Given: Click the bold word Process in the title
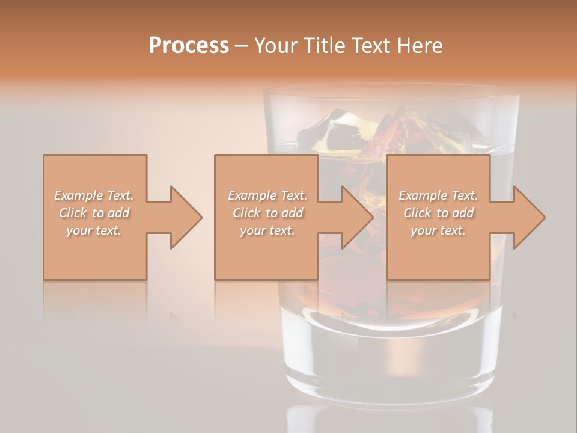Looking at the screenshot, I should coord(189,46).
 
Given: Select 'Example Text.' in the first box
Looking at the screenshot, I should coord(94,195).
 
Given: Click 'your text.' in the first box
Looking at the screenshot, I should coord(94,230).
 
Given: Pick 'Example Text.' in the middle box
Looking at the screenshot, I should coord(267,195).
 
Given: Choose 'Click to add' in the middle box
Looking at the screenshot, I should coord(267,213).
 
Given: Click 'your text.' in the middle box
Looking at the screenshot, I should coord(267,230).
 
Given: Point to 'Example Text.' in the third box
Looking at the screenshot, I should coord(438,195).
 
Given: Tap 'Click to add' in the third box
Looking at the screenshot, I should coord(438,213).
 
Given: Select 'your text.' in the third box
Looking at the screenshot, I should coord(438,230).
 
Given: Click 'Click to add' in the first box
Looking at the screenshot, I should coord(94,213).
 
